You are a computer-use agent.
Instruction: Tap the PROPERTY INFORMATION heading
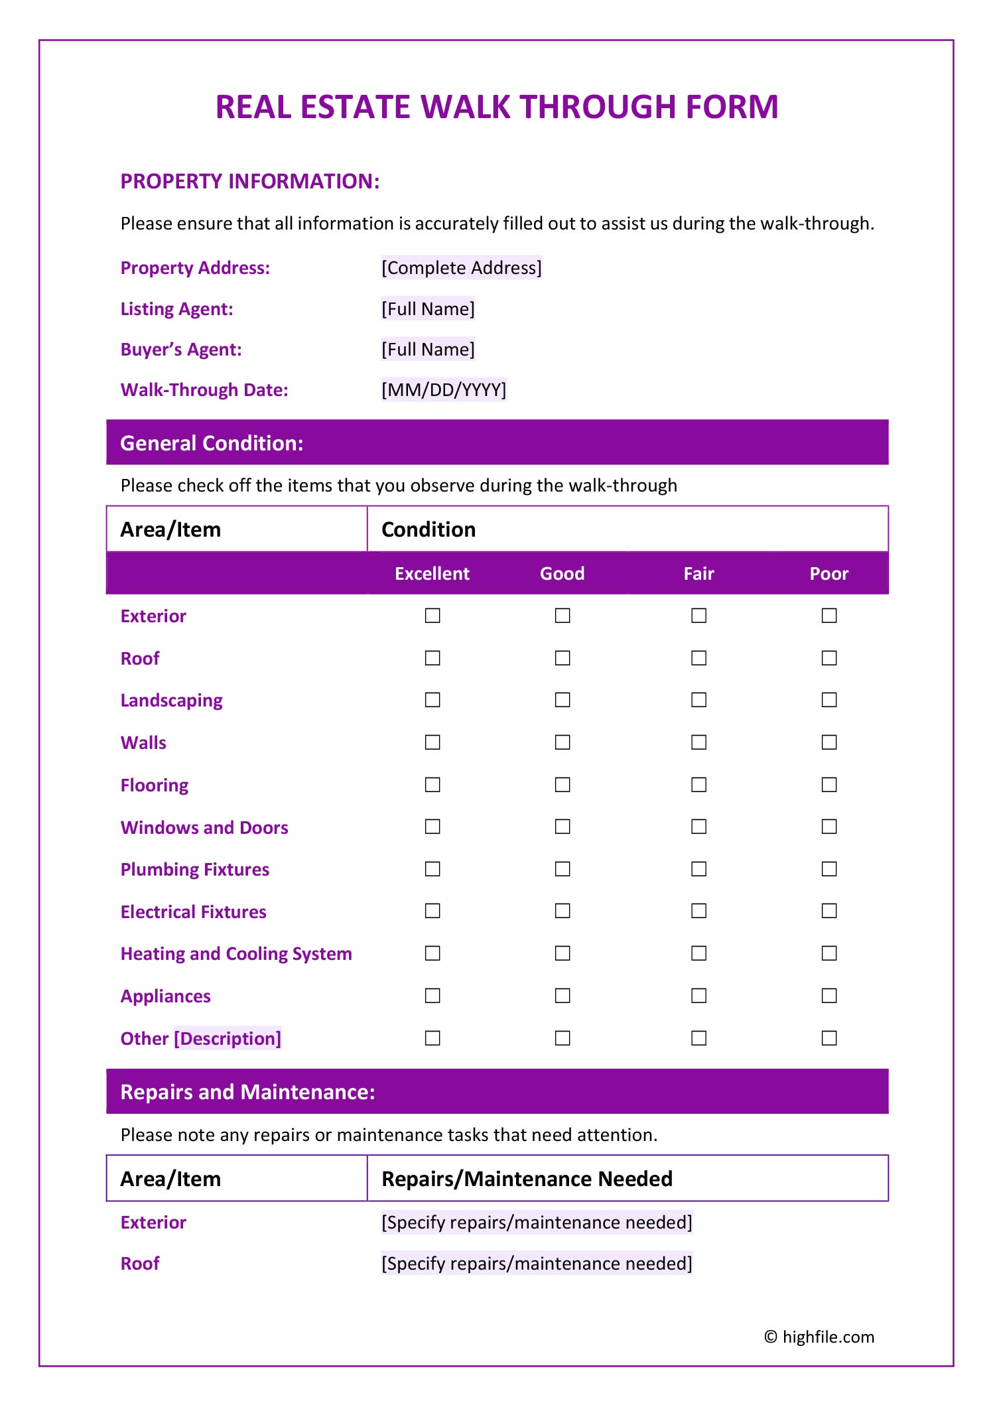tap(250, 181)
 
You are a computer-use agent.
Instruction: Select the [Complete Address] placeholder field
tap(461, 268)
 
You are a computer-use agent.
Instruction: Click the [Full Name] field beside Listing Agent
tap(428, 309)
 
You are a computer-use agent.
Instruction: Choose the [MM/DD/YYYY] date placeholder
tap(443, 389)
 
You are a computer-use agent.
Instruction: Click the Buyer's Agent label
tap(181, 350)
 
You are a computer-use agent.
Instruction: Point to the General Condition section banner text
tap(212, 443)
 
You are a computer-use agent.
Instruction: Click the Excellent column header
tap(432, 574)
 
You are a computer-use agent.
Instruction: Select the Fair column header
tap(698, 574)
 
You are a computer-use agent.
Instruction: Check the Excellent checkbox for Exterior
tap(432, 616)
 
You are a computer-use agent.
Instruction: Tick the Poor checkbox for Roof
tap(829, 658)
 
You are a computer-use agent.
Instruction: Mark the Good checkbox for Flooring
tap(563, 785)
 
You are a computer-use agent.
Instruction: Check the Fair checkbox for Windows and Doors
tap(698, 827)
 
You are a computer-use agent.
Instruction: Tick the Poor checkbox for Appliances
tap(829, 996)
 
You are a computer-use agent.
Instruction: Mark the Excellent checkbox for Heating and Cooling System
tap(432, 953)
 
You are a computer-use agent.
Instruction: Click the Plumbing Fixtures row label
tap(195, 870)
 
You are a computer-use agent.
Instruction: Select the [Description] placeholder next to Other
tap(228, 1038)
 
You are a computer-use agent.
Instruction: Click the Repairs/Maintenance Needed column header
tap(527, 1179)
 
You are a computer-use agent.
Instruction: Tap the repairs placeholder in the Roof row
tap(537, 1263)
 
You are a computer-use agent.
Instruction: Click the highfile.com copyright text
tap(819, 1337)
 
